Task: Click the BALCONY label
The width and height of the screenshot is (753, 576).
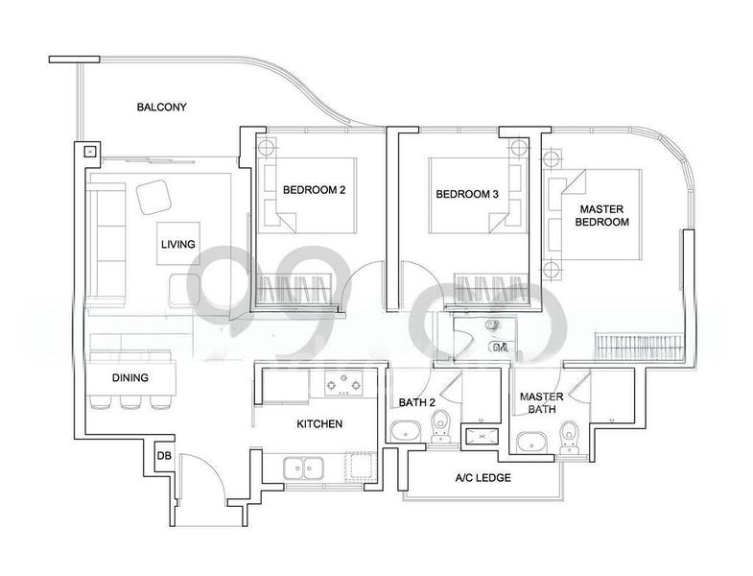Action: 161,107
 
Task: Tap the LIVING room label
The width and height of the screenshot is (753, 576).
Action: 178,244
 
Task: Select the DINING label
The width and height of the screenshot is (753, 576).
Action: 130,378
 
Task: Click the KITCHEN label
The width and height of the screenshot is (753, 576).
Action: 319,424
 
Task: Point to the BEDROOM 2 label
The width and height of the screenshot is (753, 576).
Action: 314,190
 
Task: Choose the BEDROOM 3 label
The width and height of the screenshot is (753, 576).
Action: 467,194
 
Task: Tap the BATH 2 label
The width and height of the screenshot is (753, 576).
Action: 417,402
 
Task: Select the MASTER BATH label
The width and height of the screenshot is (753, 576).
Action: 542,403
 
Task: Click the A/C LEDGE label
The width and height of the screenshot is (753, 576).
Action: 483,478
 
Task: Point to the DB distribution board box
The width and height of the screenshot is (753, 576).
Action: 164,456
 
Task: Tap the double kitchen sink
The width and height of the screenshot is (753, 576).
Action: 303,468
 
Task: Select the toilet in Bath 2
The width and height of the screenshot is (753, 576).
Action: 439,426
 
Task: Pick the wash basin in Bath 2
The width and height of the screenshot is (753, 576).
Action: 406,431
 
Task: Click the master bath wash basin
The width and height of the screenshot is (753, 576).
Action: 531,442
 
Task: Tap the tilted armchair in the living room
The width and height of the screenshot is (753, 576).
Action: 154,197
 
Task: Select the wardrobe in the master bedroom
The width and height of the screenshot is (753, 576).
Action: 639,346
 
